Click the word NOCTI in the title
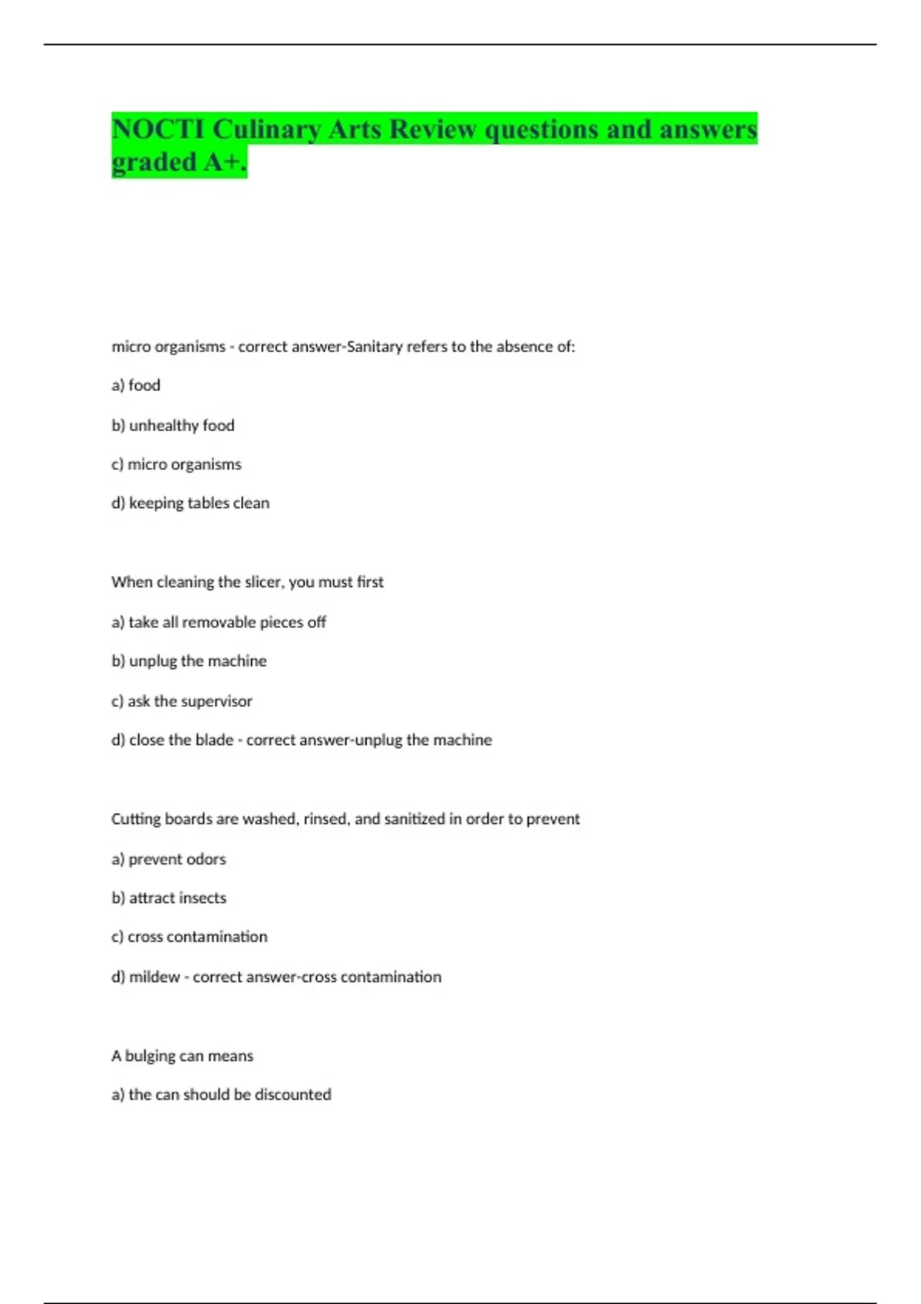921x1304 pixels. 158,129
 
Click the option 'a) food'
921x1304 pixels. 136,385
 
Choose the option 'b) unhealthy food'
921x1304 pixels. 173,425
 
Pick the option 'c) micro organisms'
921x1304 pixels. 177,464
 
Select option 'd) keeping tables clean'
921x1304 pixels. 190,503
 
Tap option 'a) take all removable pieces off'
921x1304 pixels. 219,622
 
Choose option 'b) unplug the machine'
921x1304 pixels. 189,661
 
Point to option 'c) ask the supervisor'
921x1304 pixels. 182,701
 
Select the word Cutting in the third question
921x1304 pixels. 136,819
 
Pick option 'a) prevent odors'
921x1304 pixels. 169,859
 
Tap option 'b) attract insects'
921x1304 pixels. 169,898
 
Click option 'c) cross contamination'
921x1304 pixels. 190,937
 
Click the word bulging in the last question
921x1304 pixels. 150,1056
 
